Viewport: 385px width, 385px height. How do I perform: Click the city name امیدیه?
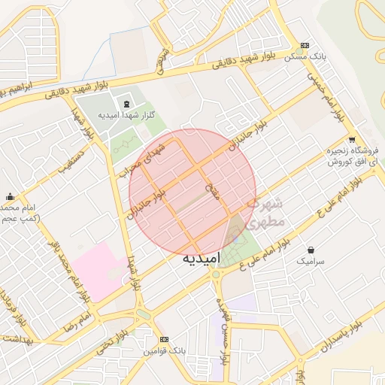tap(201, 259)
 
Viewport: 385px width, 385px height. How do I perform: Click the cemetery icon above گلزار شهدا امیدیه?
tap(125, 104)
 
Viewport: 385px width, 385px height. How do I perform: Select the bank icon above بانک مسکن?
tap(305, 46)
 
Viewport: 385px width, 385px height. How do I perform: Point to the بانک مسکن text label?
tap(310, 58)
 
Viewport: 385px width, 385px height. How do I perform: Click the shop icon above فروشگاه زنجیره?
tap(352, 140)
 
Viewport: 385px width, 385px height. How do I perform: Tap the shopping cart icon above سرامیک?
tap(311, 249)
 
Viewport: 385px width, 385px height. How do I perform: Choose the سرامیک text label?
tap(311, 261)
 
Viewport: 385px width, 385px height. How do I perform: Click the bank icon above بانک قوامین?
tap(165, 339)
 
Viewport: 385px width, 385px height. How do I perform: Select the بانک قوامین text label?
tap(165, 351)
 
